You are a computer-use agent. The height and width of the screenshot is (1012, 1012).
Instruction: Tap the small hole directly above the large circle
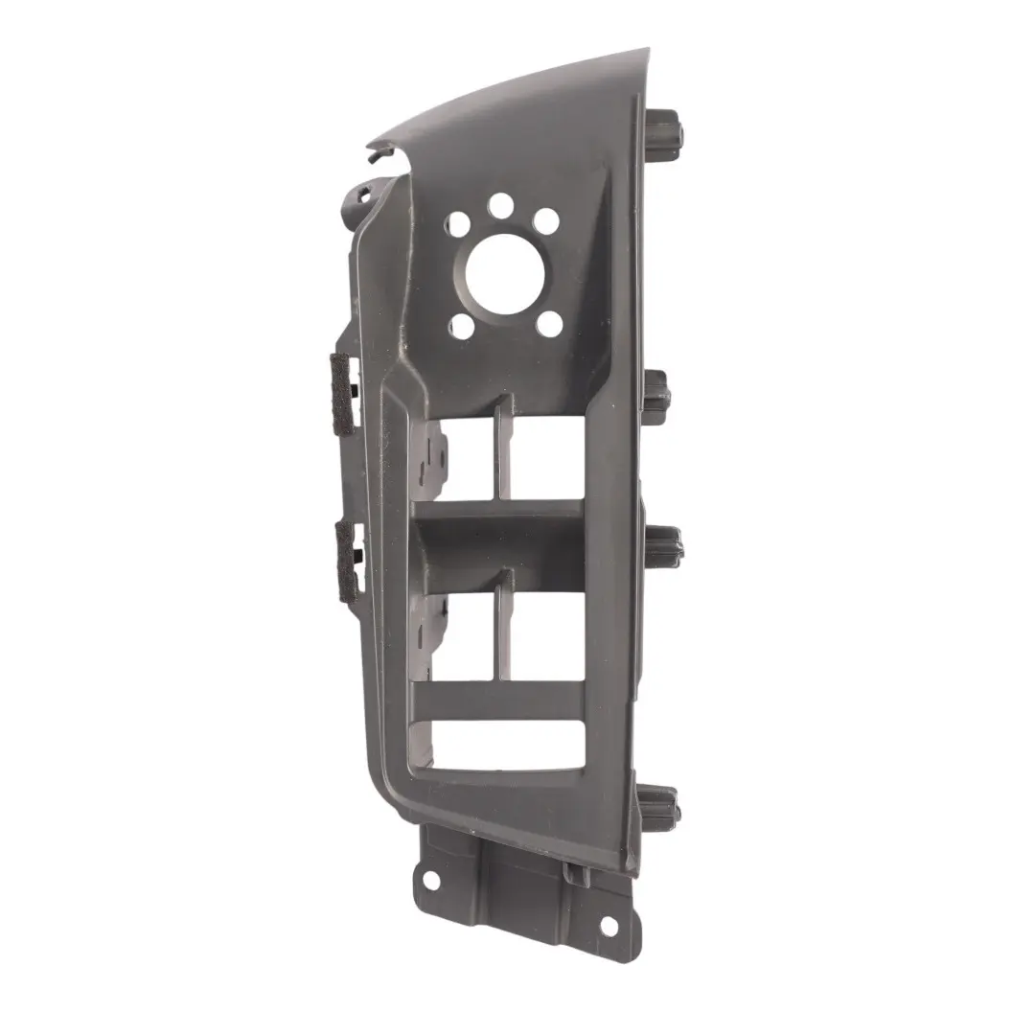click(x=500, y=204)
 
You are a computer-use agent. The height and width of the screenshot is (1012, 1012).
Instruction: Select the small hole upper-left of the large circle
click(x=458, y=224)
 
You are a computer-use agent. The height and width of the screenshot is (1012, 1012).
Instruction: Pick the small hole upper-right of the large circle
click(x=545, y=221)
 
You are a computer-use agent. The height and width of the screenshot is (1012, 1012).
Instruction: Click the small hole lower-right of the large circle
click(x=548, y=324)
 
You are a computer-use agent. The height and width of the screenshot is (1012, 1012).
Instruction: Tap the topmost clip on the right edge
click(x=665, y=129)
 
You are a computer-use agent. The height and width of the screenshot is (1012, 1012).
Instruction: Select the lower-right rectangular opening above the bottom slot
click(x=547, y=632)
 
